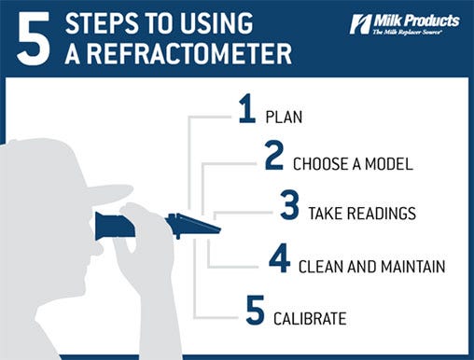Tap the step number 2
click(273, 157)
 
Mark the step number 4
click(279, 259)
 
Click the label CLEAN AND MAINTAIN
click(370, 267)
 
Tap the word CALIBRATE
click(310, 319)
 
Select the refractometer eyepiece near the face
click(105, 225)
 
